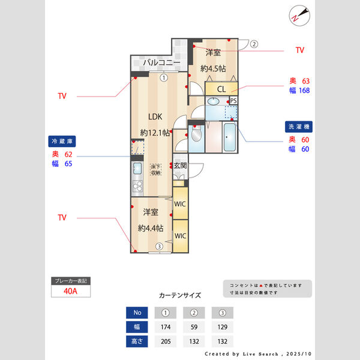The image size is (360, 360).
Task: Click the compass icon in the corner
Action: tap(301, 16)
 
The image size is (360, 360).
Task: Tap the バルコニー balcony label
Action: tap(161, 62)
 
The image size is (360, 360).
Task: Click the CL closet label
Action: tap(221, 89)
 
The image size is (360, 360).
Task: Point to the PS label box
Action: tap(233, 101)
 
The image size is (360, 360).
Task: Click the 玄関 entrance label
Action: tap(180, 165)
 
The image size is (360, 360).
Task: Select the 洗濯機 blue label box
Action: tap(299, 127)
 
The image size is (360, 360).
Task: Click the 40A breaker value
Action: tap(71, 292)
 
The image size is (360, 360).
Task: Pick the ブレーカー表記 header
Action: tap(71, 281)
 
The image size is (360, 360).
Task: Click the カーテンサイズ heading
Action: tap(180, 296)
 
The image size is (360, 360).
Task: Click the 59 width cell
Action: tap(194, 328)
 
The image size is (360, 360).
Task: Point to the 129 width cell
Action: tap(222, 328)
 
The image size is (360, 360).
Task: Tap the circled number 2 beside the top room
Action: tap(254, 44)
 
